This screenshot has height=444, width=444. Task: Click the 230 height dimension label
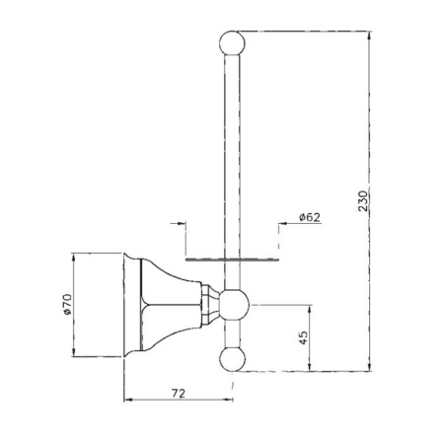[363, 200]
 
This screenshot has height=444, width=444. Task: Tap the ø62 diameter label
[310, 217]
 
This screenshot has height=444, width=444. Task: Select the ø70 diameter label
[67, 305]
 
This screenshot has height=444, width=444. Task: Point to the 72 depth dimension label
[179, 393]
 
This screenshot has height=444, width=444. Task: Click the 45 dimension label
[304, 337]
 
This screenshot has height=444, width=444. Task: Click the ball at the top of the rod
[232, 43]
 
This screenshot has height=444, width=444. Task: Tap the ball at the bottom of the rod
[232, 359]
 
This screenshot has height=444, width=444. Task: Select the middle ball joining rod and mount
[234, 305]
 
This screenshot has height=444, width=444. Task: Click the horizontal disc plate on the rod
[232, 259]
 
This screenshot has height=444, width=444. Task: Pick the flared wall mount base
[162, 305]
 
